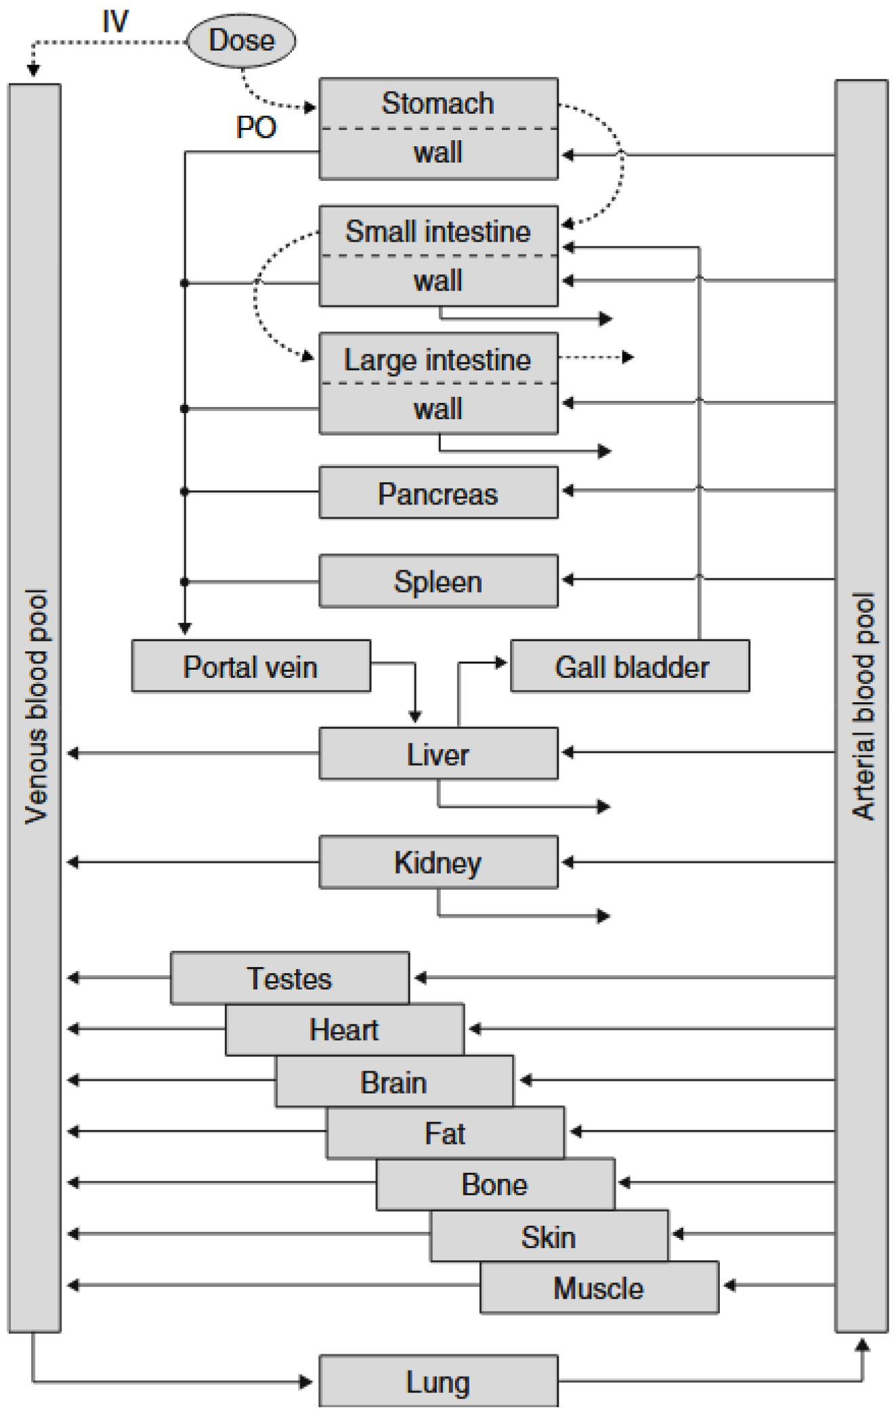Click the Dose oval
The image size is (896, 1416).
[241, 41]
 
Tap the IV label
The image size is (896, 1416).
[115, 22]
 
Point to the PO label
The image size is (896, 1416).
[256, 127]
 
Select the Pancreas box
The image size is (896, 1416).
[438, 493]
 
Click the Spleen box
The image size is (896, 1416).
[438, 581]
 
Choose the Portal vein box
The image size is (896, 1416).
[251, 666]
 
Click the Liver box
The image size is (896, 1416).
[438, 754]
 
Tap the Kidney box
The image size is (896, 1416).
[438, 862]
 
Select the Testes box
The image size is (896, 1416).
[289, 978]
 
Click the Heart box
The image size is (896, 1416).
[344, 1029]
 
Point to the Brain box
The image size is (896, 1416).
[394, 1081]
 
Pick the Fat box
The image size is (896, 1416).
[445, 1133]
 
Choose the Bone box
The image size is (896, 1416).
[495, 1184]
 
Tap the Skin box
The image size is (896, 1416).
[549, 1236]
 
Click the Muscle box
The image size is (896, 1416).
[599, 1287]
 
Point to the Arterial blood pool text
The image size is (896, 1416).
[863, 706]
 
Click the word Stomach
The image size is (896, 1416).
[438, 103]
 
